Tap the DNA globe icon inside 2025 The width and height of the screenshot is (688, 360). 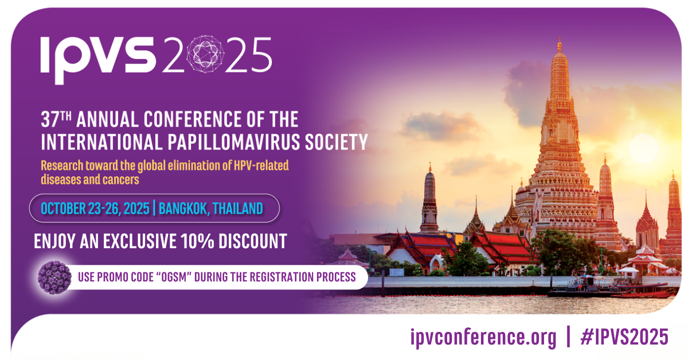pyautogui.click(x=205, y=54)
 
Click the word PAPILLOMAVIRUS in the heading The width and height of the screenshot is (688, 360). pyautogui.click(x=234, y=142)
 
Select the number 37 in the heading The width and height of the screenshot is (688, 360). pyautogui.click(x=50, y=119)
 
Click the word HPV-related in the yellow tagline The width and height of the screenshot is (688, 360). pyautogui.click(x=261, y=166)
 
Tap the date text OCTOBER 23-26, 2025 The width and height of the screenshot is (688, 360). pyautogui.click(x=95, y=209)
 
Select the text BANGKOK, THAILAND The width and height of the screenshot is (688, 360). pyautogui.click(x=211, y=209)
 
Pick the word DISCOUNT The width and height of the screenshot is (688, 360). pyautogui.click(x=253, y=241)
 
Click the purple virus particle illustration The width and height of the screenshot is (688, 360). pyautogui.click(x=54, y=277)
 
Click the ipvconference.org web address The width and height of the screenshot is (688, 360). pyautogui.click(x=483, y=337)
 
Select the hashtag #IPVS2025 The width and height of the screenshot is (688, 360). pyautogui.click(x=624, y=336)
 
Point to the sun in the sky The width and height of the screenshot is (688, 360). pyautogui.click(x=643, y=148)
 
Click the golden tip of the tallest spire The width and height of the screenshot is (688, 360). pyautogui.click(x=560, y=44)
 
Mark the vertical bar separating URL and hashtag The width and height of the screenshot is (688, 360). pyautogui.click(x=568, y=336)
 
